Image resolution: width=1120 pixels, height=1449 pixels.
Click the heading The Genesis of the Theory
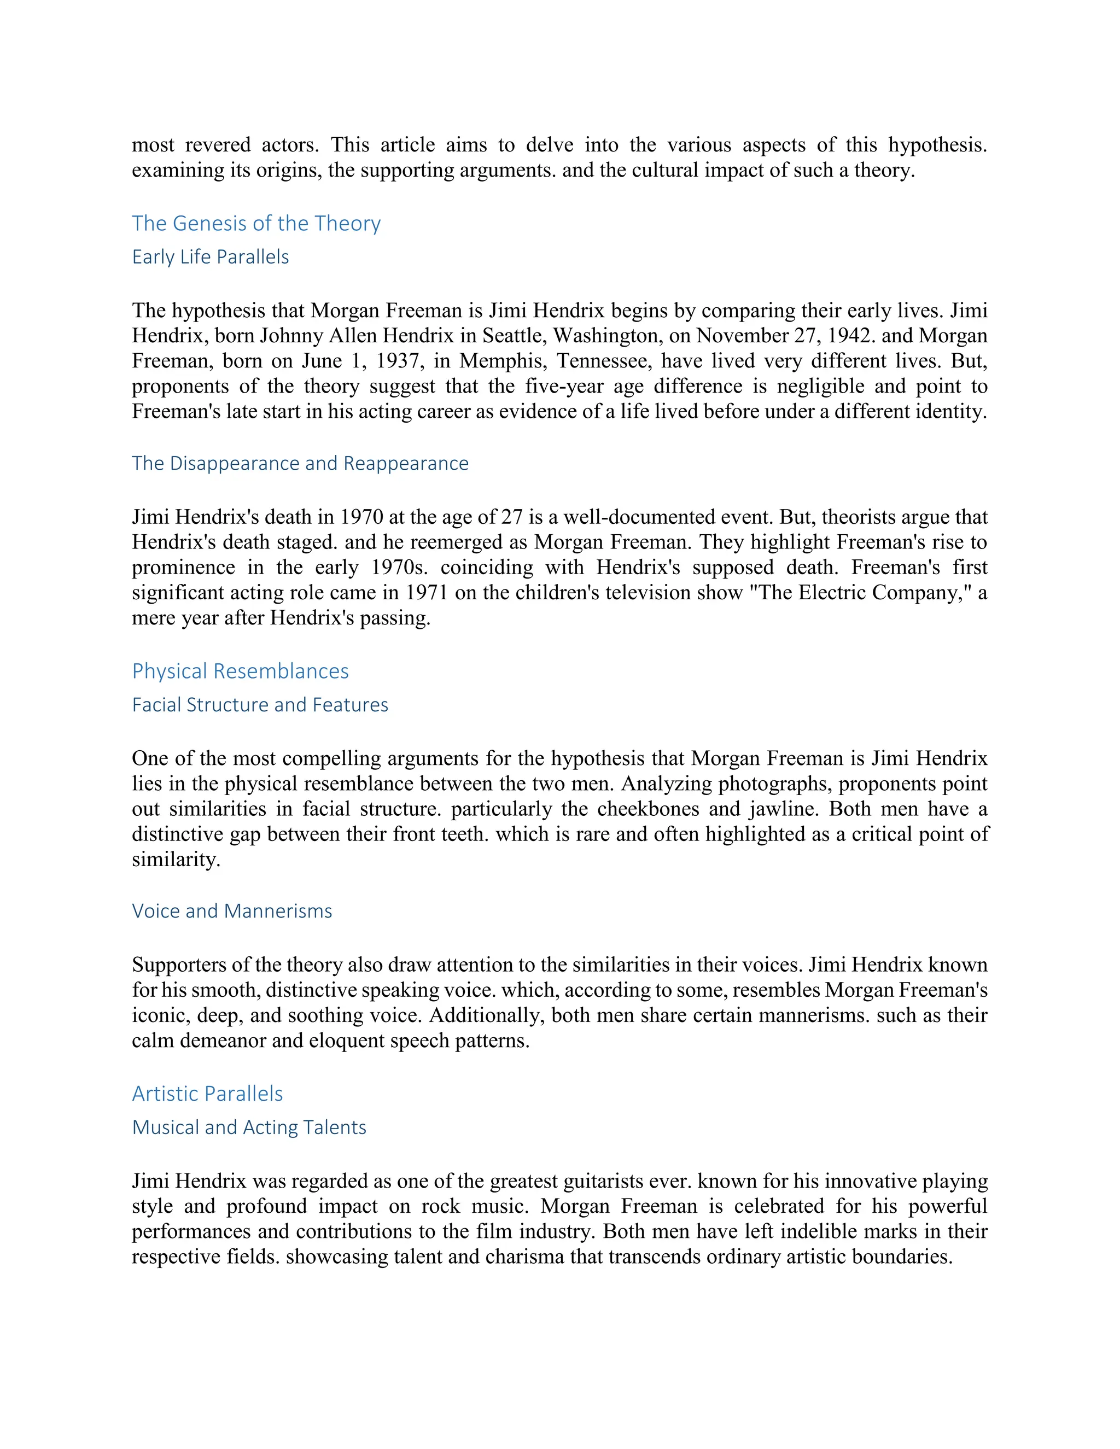pyautogui.click(x=256, y=224)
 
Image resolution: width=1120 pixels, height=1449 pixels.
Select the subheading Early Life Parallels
pyautogui.click(x=211, y=257)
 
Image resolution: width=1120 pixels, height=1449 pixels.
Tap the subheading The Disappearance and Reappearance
pyautogui.click(x=300, y=463)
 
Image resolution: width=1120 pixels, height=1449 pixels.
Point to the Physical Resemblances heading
pyautogui.click(x=240, y=671)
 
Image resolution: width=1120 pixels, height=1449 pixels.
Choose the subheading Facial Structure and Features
pyautogui.click(x=260, y=705)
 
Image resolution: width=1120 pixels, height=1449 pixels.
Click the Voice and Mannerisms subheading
pyautogui.click(x=231, y=911)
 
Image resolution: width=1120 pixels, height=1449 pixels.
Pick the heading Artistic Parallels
pyautogui.click(x=207, y=1094)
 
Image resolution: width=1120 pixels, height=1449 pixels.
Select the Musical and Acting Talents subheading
pyautogui.click(x=249, y=1127)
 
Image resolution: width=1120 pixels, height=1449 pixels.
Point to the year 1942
pyautogui.click(x=849, y=336)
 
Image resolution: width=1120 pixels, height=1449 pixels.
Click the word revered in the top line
pyautogui.click(x=218, y=145)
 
